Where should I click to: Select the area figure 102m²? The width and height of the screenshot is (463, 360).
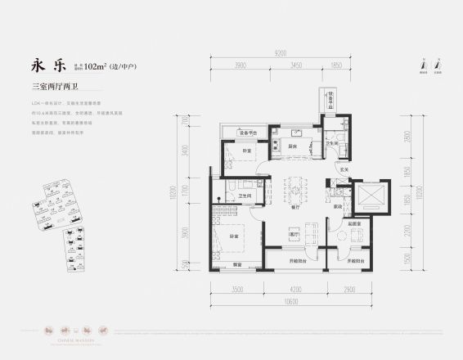point(99,66)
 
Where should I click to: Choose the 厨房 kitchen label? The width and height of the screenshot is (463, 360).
point(292,147)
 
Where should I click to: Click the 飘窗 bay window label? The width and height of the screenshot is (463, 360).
point(236,263)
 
